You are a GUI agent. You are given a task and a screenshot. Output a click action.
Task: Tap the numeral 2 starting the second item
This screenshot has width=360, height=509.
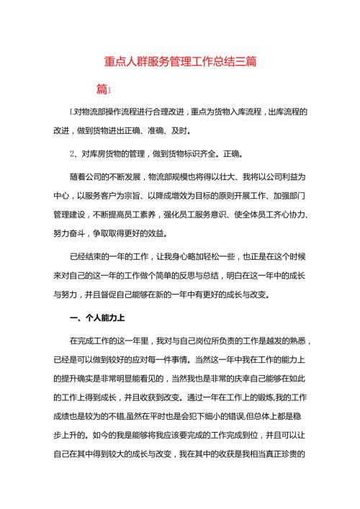[x=72, y=153]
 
